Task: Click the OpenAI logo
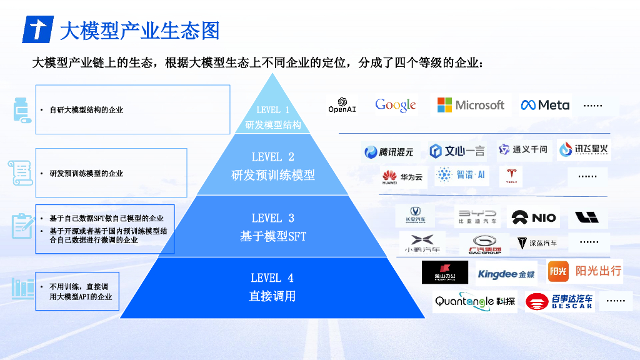tap(342, 105)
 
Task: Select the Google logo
tap(396, 105)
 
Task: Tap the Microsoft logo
tap(471, 105)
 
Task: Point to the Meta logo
tap(545, 105)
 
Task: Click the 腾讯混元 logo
tap(389, 151)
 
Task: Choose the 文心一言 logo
tap(457, 151)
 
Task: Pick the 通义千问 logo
tap(522, 149)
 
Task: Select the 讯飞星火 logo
tap(583, 149)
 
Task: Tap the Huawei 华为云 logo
tap(402, 177)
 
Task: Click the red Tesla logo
tap(511, 176)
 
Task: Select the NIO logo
tap(533, 217)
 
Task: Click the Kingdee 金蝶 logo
tap(506, 274)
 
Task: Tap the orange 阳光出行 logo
tap(585, 271)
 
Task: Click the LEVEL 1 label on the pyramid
tap(273, 110)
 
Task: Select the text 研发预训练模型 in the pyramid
tap(273, 175)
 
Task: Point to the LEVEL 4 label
tap(272, 277)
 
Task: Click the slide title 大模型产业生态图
tap(139, 29)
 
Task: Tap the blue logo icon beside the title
tap(37, 29)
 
